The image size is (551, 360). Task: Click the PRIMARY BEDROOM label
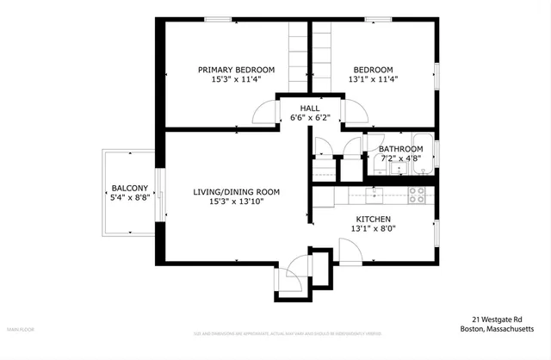(236, 70)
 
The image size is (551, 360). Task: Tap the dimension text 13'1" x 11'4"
(373, 79)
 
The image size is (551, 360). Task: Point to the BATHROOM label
(400, 148)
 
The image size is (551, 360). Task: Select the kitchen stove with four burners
(416, 196)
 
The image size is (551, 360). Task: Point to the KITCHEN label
(374, 220)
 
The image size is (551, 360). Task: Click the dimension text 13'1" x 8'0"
(374, 229)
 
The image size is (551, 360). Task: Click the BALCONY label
(129, 188)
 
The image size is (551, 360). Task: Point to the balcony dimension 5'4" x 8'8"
(129, 197)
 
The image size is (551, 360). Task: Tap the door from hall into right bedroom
(352, 111)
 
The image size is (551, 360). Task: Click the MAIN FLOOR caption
(22, 329)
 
